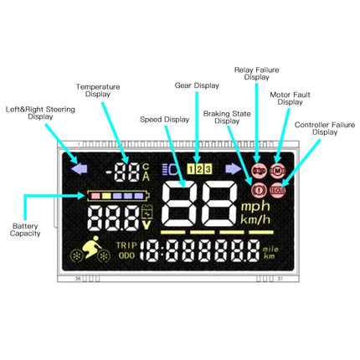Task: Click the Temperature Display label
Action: [98, 90]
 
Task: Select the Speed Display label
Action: [165, 120]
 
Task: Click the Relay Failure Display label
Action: [256, 73]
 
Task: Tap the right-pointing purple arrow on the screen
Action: [233, 168]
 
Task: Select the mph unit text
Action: [255, 206]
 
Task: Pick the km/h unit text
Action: [255, 219]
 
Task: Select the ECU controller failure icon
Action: [278, 190]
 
